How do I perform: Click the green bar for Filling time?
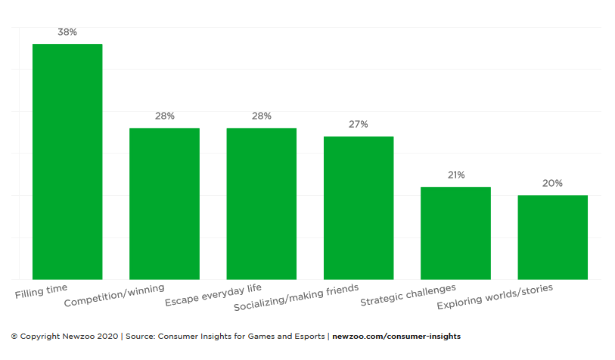point(67,161)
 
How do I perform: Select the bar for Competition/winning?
point(164,203)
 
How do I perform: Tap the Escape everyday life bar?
point(262,203)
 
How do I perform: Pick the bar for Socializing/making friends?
point(359,207)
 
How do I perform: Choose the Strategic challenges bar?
point(455,233)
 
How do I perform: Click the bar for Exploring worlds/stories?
point(552,237)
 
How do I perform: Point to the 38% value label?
point(67,33)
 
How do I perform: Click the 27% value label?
point(359,125)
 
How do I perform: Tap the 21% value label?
point(455,175)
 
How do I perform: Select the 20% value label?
point(552,184)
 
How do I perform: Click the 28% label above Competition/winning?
point(165,116)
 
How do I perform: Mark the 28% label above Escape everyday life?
point(262,116)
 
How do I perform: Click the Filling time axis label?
point(42,290)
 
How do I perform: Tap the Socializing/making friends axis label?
point(296,298)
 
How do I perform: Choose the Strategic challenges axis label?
point(408,296)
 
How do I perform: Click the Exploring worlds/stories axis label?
point(495,296)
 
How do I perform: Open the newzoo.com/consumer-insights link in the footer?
point(396,337)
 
